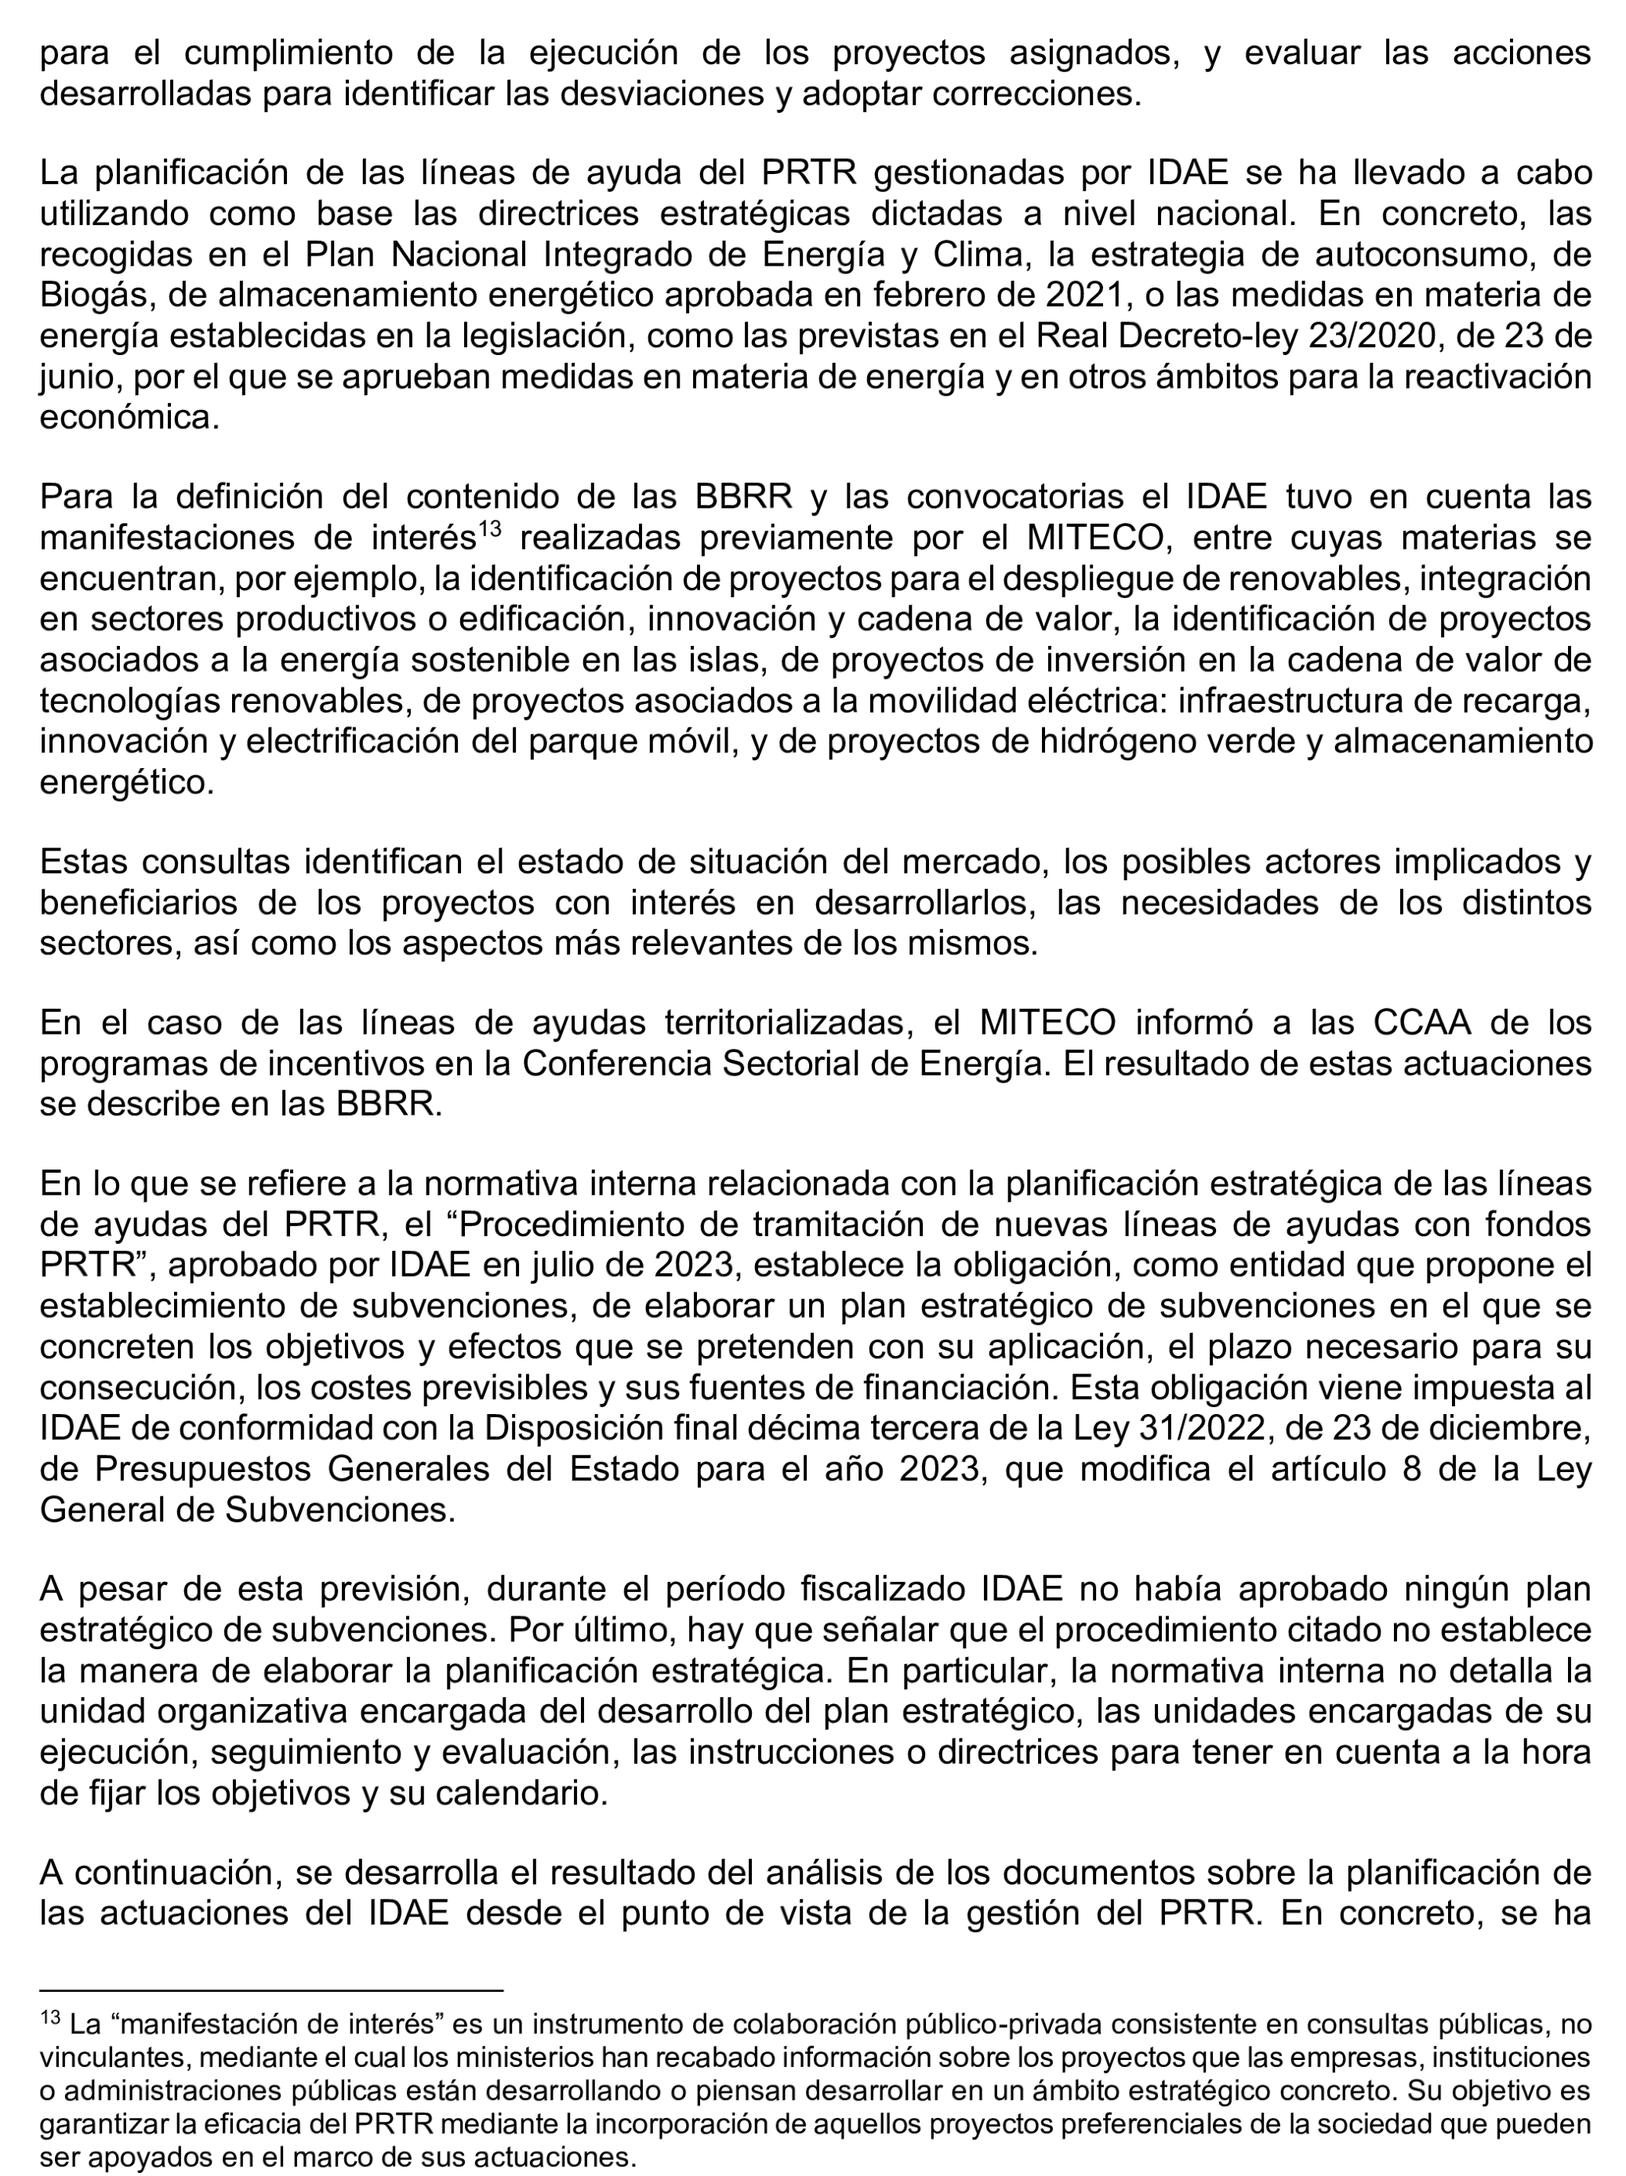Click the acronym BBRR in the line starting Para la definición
(744, 497)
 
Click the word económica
(128, 418)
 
